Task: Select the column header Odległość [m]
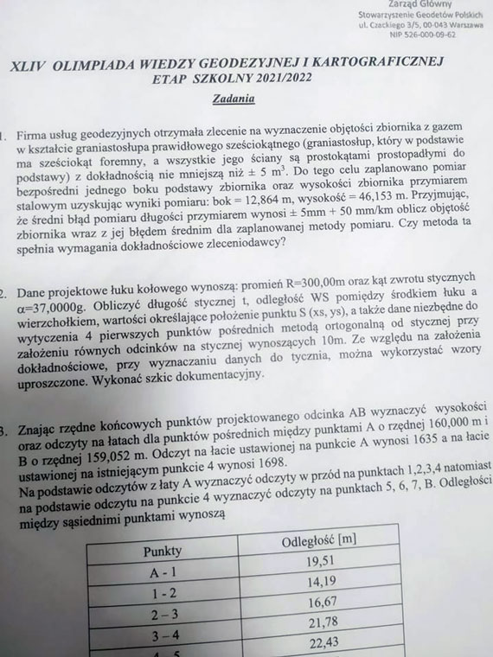tap(321, 543)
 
